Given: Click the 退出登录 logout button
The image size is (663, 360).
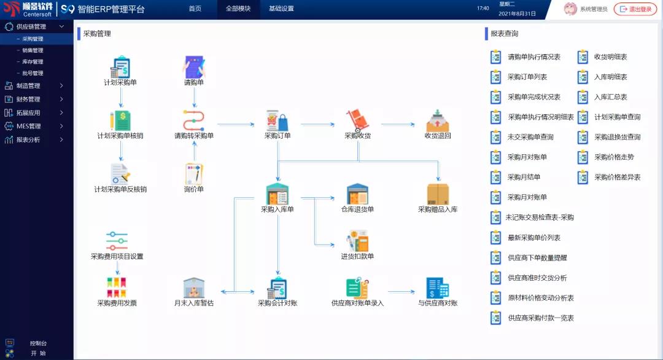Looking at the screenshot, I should pos(635,9).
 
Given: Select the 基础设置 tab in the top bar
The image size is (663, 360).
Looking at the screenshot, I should pos(281,9).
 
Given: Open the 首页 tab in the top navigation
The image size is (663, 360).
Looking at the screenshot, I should pos(195,9).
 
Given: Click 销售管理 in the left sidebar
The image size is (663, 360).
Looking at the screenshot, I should pos(33,50).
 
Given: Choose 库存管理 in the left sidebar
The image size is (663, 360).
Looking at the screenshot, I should pos(33,61).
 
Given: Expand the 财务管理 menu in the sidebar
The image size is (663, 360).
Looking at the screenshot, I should pos(28,99).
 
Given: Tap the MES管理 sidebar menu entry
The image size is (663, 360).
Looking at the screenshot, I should pos(28,126).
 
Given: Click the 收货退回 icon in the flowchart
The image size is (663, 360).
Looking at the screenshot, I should pos(438,120).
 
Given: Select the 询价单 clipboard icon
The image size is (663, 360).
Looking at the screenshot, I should pos(194,174).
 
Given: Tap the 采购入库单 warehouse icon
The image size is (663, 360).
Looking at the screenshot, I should pos(277,194).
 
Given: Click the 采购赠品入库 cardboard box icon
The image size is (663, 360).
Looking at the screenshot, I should pos(438,194).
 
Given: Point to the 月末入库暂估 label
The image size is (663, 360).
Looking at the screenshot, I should pos(194,303).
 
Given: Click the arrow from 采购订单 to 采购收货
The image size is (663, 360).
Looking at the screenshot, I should pos(318,124).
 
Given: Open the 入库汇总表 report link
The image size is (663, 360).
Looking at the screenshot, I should pos(610,97).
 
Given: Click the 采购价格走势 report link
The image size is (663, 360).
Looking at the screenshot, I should pos(614,157).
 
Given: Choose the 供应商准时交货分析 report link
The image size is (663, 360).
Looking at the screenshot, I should pos(537,278).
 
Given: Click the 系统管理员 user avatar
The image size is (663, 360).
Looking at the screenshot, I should pos(570,9).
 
